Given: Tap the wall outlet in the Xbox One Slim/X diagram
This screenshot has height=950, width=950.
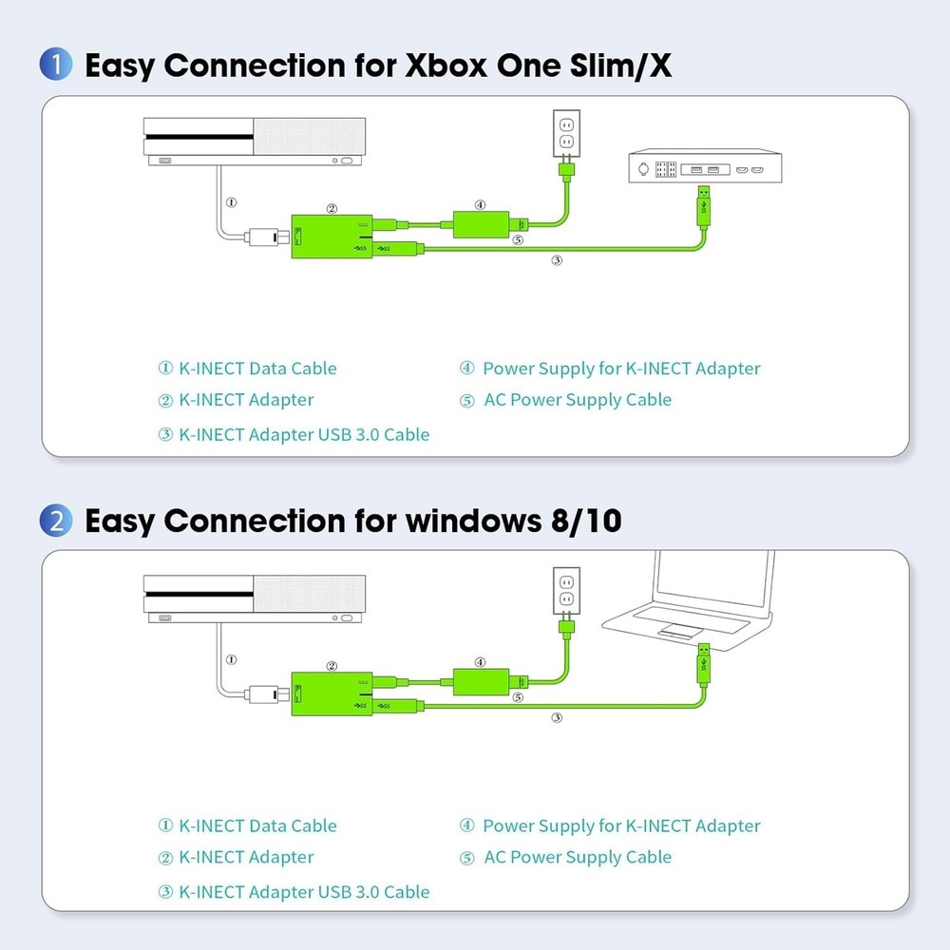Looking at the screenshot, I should [x=566, y=133].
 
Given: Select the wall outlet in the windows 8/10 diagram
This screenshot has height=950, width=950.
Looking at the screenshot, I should [x=566, y=590].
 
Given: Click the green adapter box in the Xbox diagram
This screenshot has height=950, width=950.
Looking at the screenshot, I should [x=330, y=237].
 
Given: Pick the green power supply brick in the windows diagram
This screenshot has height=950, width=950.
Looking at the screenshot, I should [x=481, y=683].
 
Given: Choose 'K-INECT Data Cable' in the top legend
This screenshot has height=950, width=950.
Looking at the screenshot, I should [x=257, y=369].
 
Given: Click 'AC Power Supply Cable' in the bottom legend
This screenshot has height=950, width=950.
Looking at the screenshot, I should [x=577, y=857].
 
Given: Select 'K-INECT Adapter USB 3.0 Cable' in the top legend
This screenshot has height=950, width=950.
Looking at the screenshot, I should [x=303, y=435].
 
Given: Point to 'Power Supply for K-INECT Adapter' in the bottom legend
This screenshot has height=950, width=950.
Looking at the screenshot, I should [x=621, y=826].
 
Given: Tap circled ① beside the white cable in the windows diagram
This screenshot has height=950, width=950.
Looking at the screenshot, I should [x=231, y=659].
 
